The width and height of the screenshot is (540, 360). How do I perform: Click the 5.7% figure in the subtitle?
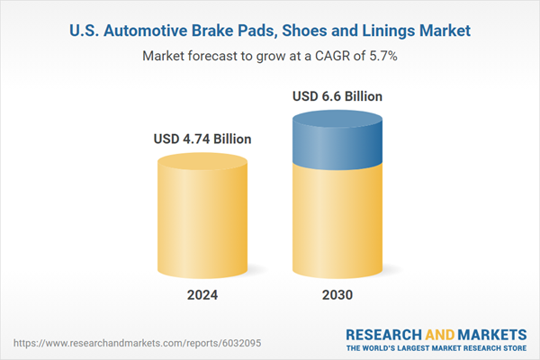coord(383,56)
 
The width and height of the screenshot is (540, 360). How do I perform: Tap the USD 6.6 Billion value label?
coord(337,95)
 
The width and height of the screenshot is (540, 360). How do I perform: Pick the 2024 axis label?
coord(202,294)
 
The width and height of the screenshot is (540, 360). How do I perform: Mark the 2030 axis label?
coord(337,294)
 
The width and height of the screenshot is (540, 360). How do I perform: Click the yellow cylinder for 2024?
coord(202,216)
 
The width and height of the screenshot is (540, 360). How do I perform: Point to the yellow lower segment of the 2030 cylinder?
coord(337,225)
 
